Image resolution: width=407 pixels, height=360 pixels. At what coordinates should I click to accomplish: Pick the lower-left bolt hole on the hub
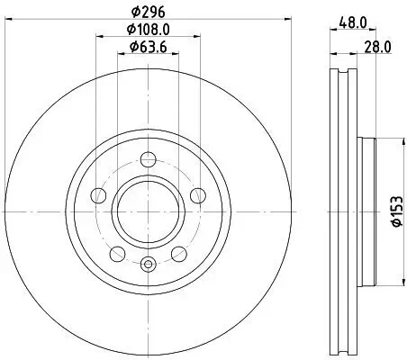click(116, 251)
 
